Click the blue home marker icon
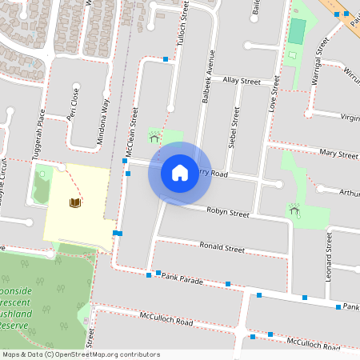[x=180, y=172]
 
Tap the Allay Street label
[x=242, y=81]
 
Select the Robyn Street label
[x=229, y=214]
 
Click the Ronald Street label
[x=222, y=248]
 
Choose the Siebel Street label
[x=236, y=128]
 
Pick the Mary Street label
[x=337, y=152]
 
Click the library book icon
[x=74, y=203]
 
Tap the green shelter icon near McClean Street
[x=154, y=137]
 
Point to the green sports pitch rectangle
[x=296, y=31]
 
